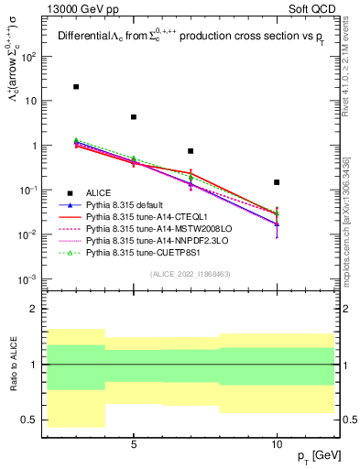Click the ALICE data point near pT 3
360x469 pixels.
(x=76, y=87)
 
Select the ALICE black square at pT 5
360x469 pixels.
(x=134, y=117)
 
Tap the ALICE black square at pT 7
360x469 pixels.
(x=191, y=151)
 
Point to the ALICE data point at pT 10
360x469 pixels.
(x=277, y=182)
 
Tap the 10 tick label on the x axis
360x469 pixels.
(x=277, y=446)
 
